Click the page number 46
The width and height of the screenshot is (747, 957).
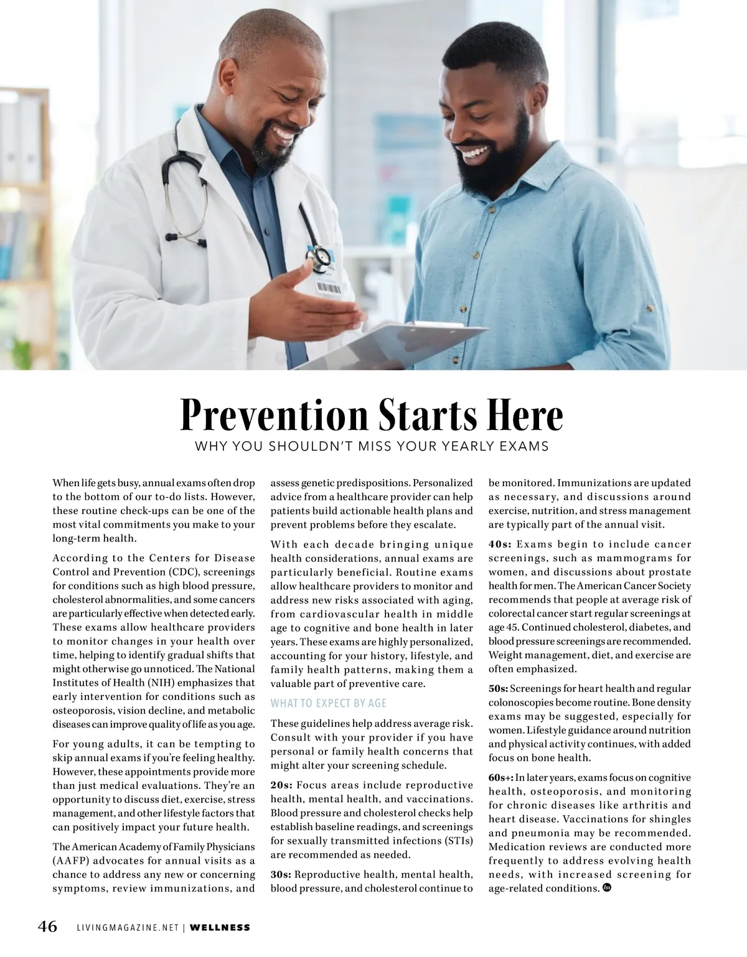[48, 927]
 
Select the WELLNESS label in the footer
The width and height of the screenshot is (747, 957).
[220, 928]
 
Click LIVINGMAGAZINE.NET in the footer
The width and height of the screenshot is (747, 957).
[128, 928]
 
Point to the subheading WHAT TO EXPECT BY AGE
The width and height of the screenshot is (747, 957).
[328, 703]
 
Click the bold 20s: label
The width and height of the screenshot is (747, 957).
[281, 785]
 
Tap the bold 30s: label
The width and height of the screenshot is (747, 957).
[281, 875]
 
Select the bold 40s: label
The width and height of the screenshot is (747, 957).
[500, 544]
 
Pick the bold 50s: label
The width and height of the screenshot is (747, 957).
[498, 688]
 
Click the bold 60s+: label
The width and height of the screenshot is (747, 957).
[501, 778]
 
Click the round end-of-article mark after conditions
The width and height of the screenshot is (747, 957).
[606, 887]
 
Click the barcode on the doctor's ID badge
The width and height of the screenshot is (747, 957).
[329, 287]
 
